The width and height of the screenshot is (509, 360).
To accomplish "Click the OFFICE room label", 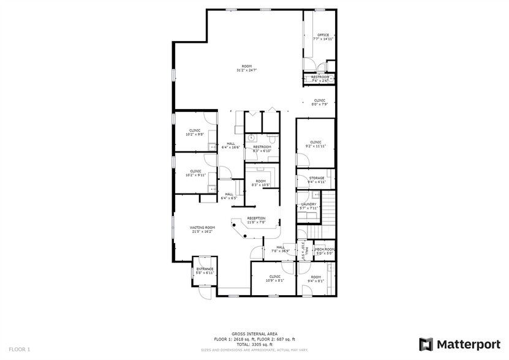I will (x=323, y=35).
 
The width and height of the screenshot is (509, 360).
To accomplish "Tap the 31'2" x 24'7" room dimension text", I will (x=246, y=70).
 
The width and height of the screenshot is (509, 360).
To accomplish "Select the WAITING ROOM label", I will (x=202, y=227).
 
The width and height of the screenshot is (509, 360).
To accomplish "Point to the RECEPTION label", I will (x=256, y=218).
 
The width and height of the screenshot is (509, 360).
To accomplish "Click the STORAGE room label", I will (x=317, y=178).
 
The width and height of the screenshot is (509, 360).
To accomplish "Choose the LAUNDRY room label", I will (x=309, y=204).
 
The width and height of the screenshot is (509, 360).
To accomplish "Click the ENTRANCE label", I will (x=204, y=269).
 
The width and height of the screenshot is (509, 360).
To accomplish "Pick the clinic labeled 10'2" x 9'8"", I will (x=195, y=132).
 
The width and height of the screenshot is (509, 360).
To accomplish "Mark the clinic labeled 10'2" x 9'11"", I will (x=195, y=173).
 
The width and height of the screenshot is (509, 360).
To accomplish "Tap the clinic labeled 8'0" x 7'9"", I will (x=320, y=102).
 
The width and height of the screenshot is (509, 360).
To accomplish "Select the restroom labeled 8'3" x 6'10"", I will (x=262, y=149).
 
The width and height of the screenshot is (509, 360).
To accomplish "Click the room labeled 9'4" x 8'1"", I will (x=315, y=279).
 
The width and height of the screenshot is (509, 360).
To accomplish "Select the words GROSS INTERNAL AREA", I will (x=254, y=334).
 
